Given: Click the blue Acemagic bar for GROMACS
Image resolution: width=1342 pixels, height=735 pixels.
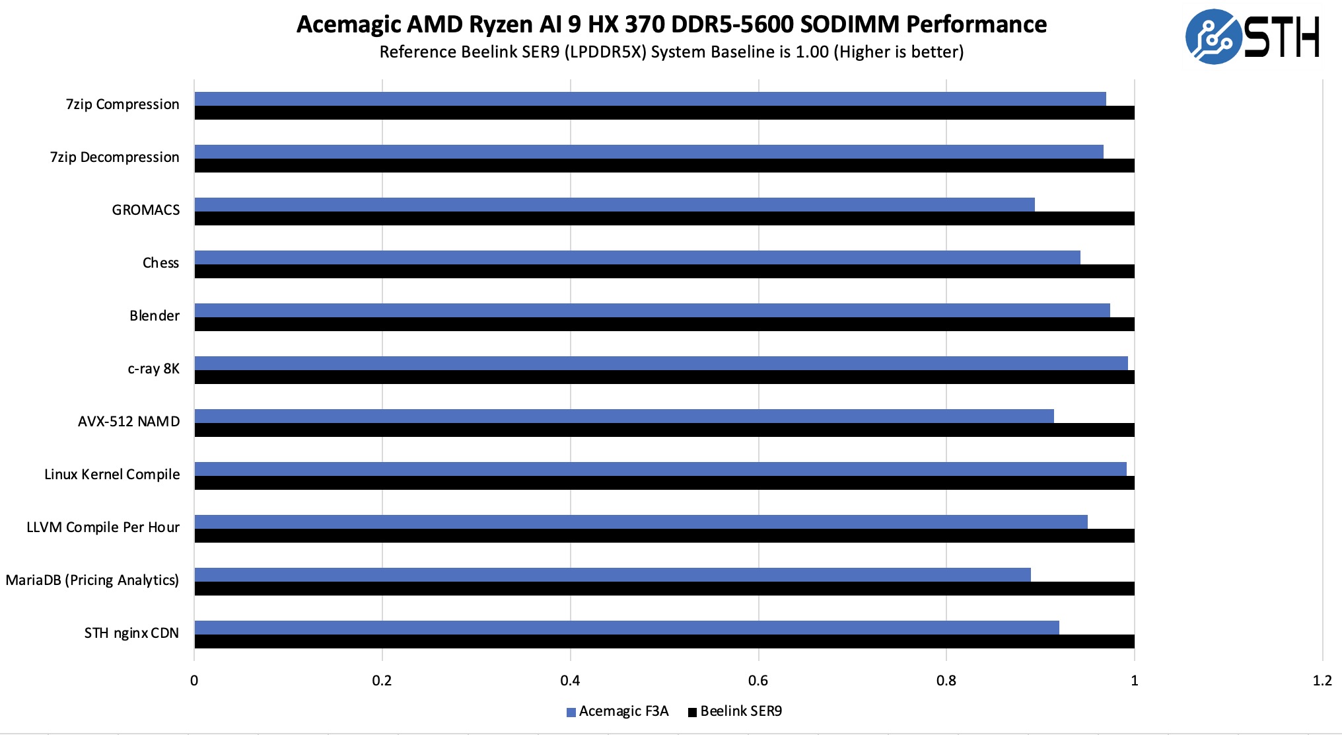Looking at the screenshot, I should click(x=614, y=205).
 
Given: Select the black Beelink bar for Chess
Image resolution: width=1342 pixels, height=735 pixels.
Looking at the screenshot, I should click(x=664, y=271).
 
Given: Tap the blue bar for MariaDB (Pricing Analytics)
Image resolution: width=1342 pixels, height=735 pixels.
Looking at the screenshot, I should click(x=612, y=575).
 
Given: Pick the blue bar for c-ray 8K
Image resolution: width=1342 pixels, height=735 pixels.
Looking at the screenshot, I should click(x=661, y=364).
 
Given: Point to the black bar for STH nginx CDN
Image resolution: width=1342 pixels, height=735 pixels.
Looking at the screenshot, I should click(x=664, y=641).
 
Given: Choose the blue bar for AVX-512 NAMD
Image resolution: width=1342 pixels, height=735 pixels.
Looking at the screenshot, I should click(x=624, y=416).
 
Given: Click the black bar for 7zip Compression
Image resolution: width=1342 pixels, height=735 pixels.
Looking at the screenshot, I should click(x=664, y=112).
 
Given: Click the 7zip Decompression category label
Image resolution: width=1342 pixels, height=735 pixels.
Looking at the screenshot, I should click(x=115, y=157).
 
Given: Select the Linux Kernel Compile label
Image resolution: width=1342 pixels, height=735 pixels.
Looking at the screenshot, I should click(x=112, y=475).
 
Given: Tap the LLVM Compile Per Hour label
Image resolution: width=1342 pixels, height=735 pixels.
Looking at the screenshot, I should click(x=103, y=527).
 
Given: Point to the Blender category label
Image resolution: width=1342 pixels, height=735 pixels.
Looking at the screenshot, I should click(x=155, y=316).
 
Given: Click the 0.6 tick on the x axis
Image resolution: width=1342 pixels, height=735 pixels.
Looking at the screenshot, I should click(x=758, y=681).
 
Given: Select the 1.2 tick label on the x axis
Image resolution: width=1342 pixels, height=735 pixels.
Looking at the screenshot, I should click(x=1322, y=681).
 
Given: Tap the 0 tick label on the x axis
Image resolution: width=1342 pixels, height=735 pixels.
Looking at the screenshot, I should click(x=194, y=681).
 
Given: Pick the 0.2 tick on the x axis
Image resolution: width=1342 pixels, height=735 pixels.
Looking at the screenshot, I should click(x=382, y=681).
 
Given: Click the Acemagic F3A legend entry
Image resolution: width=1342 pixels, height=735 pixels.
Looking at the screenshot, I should click(x=618, y=711).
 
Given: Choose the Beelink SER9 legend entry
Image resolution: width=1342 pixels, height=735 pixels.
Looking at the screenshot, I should click(x=735, y=711).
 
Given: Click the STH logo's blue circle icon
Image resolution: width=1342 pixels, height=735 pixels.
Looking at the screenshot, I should click(x=1213, y=37).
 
